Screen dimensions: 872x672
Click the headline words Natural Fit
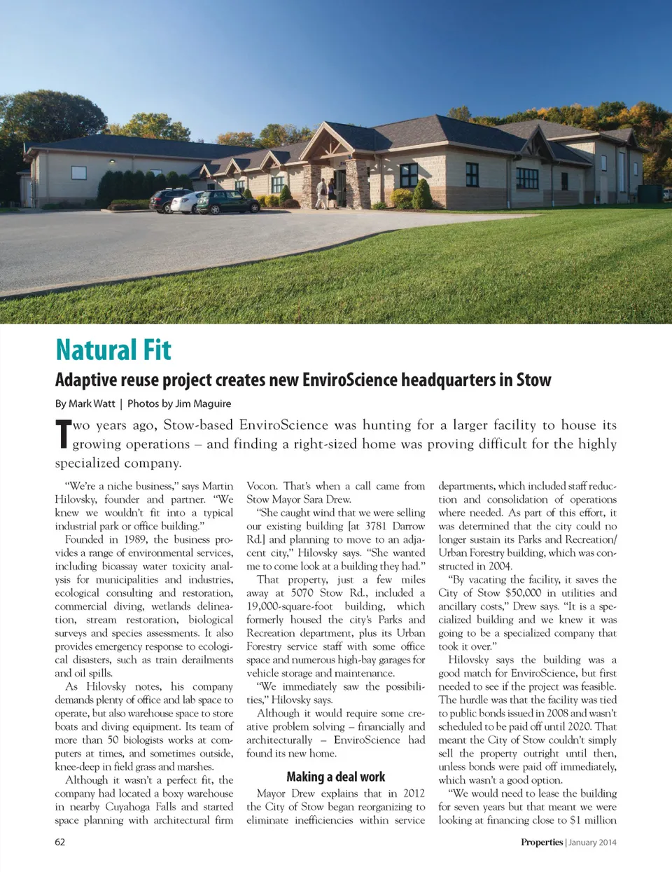[x=113, y=350]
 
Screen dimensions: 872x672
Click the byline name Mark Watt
[x=92, y=403]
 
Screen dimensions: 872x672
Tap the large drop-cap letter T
[x=63, y=434]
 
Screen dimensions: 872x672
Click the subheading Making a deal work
[x=335, y=776]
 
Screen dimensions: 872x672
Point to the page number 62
[x=60, y=842]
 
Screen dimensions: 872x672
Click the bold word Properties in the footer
[x=541, y=842]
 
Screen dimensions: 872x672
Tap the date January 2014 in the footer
[x=592, y=842]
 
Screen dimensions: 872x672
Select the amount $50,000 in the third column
[x=523, y=593]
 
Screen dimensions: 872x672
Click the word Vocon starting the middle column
[x=262, y=485]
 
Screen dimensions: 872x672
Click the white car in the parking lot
[x=185, y=202]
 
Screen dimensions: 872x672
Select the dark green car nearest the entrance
[x=227, y=202]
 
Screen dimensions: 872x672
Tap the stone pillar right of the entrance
[x=358, y=184]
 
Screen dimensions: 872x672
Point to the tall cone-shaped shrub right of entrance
[x=422, y=195]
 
